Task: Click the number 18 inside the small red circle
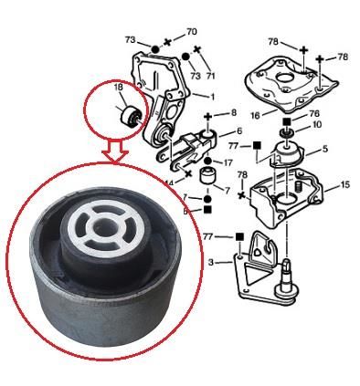click(x=119, y=89)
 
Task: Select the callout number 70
click(x=191, y=32)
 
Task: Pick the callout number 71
click(x=211, y=75)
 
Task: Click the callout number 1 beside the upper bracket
click(x=213, y=96)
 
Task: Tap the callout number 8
click(x=234, y=112)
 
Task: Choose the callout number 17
click(x=227, y=162)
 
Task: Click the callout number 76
click(x=314, y=114)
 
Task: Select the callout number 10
click(x=316, y=125)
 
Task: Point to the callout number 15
click(x=344, y=184)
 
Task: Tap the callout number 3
click(x=212, y=263)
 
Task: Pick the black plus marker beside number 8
click(x=209, y=116)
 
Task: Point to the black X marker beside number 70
click(x=166, y=44)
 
